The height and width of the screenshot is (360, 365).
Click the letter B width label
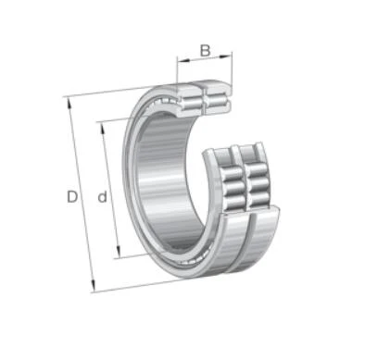pos(205,51)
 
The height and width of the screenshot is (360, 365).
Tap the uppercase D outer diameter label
pos(72,197)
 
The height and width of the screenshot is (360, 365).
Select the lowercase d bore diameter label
pos(102,196)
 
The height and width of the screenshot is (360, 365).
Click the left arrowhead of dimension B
pos(182,60)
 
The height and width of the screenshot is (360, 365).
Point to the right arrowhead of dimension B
pos(226,56)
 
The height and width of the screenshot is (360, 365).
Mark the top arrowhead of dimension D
pos(69,104)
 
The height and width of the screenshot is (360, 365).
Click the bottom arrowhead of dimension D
pos(93,285)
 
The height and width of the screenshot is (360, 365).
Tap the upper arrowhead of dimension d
pos(102,128)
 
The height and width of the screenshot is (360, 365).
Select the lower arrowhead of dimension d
pos(118,251)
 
